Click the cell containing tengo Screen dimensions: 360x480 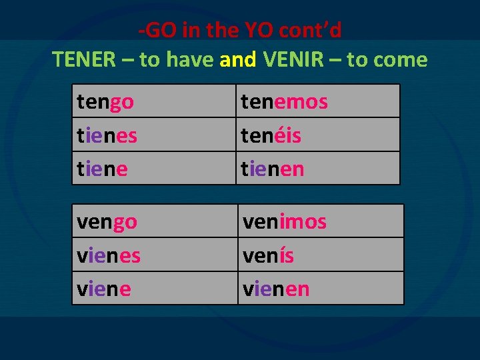[x=153, y=101]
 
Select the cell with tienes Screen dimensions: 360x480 [x=153, y=135]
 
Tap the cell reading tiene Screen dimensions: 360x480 [x=153, y=169]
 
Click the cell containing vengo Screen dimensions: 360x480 [x=154, y=221]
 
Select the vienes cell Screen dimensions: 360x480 [x=154, y=255]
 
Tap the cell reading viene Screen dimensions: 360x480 [x=154, y=289]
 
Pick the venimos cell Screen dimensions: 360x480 [x=320, y=221]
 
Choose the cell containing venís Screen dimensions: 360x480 [x=320, y=255]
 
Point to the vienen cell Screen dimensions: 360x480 [x=320, y=289]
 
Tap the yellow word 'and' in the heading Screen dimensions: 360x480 [x=237, y=60]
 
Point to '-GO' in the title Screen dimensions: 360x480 [x=154, y=31]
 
